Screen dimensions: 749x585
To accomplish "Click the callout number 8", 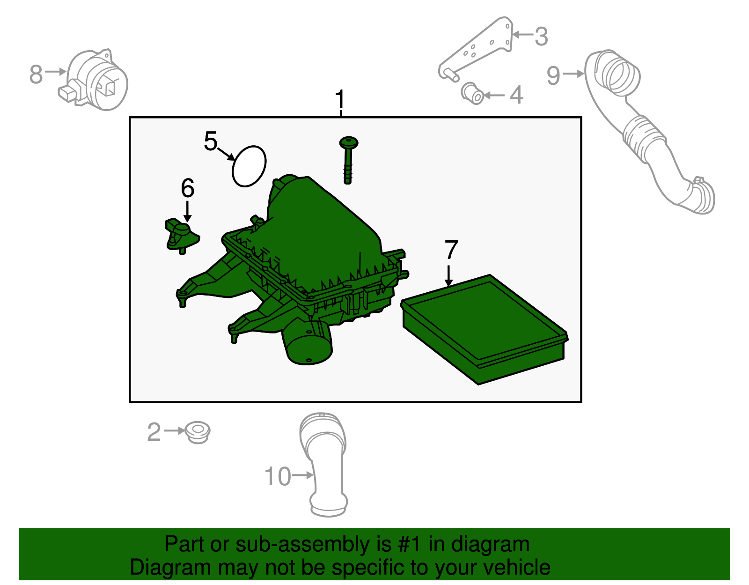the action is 36,74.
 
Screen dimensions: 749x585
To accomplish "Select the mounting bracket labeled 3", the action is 476,50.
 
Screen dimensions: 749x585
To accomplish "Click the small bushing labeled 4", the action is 473,93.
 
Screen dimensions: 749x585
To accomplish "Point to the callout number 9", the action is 553,76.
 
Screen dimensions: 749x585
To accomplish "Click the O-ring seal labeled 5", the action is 249,166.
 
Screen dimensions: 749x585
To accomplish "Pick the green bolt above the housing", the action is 348,160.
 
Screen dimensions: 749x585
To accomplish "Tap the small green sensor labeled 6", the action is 182,236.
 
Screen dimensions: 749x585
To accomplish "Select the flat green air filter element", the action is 485,329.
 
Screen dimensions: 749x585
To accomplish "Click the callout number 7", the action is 451,250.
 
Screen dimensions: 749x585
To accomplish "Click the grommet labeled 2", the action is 198,432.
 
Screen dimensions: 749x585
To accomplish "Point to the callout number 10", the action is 278,476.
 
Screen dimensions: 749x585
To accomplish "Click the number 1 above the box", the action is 340,99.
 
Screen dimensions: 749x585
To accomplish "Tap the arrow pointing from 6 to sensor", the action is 187,212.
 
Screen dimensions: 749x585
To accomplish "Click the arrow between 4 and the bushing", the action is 495,95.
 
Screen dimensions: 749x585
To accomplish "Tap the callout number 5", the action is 211,141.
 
